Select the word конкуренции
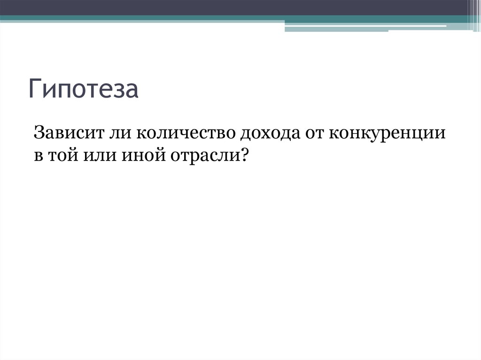pyautogui.click(x=387, y=135)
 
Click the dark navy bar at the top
pyautogui.click(x=235, y=8)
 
